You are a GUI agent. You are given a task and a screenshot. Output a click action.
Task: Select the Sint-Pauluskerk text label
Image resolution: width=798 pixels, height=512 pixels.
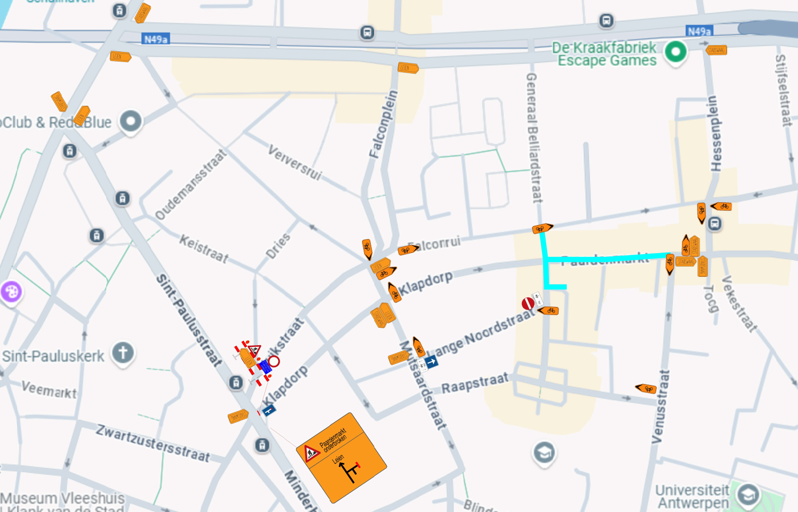click(x=53, y=356)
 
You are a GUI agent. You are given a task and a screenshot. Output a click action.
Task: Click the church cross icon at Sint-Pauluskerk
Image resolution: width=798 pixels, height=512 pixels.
click(x=123, y=352)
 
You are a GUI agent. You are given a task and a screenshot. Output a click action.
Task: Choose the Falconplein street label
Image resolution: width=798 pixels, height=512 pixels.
click(x=383, y=124)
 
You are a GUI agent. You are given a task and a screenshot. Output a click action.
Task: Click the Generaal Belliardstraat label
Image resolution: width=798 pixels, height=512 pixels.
click(x=534, y=138)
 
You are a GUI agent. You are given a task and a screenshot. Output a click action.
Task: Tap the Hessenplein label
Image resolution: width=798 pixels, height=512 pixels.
click(x=715, y=133)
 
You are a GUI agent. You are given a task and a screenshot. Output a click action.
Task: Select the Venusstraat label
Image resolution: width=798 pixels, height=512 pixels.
click(x=660, y=407)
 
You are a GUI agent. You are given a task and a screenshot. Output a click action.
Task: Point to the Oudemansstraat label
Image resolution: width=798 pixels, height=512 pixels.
click(x=191, y=184)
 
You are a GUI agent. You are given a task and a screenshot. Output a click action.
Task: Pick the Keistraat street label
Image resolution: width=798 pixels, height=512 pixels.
click(x=204, y=248)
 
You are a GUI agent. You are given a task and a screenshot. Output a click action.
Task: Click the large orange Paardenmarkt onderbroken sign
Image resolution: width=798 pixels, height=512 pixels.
click(x=341, y=457)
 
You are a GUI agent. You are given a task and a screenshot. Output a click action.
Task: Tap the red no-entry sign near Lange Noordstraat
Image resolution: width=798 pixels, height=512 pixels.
click(x=528, y=304)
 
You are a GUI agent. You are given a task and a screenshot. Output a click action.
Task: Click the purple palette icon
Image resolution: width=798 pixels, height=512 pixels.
click(x=11, y=292)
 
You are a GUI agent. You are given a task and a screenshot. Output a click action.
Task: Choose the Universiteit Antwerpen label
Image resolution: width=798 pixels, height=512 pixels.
click(x=693, y=496)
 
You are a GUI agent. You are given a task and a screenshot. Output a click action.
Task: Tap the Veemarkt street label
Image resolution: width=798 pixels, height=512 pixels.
click(x=49, y=389)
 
